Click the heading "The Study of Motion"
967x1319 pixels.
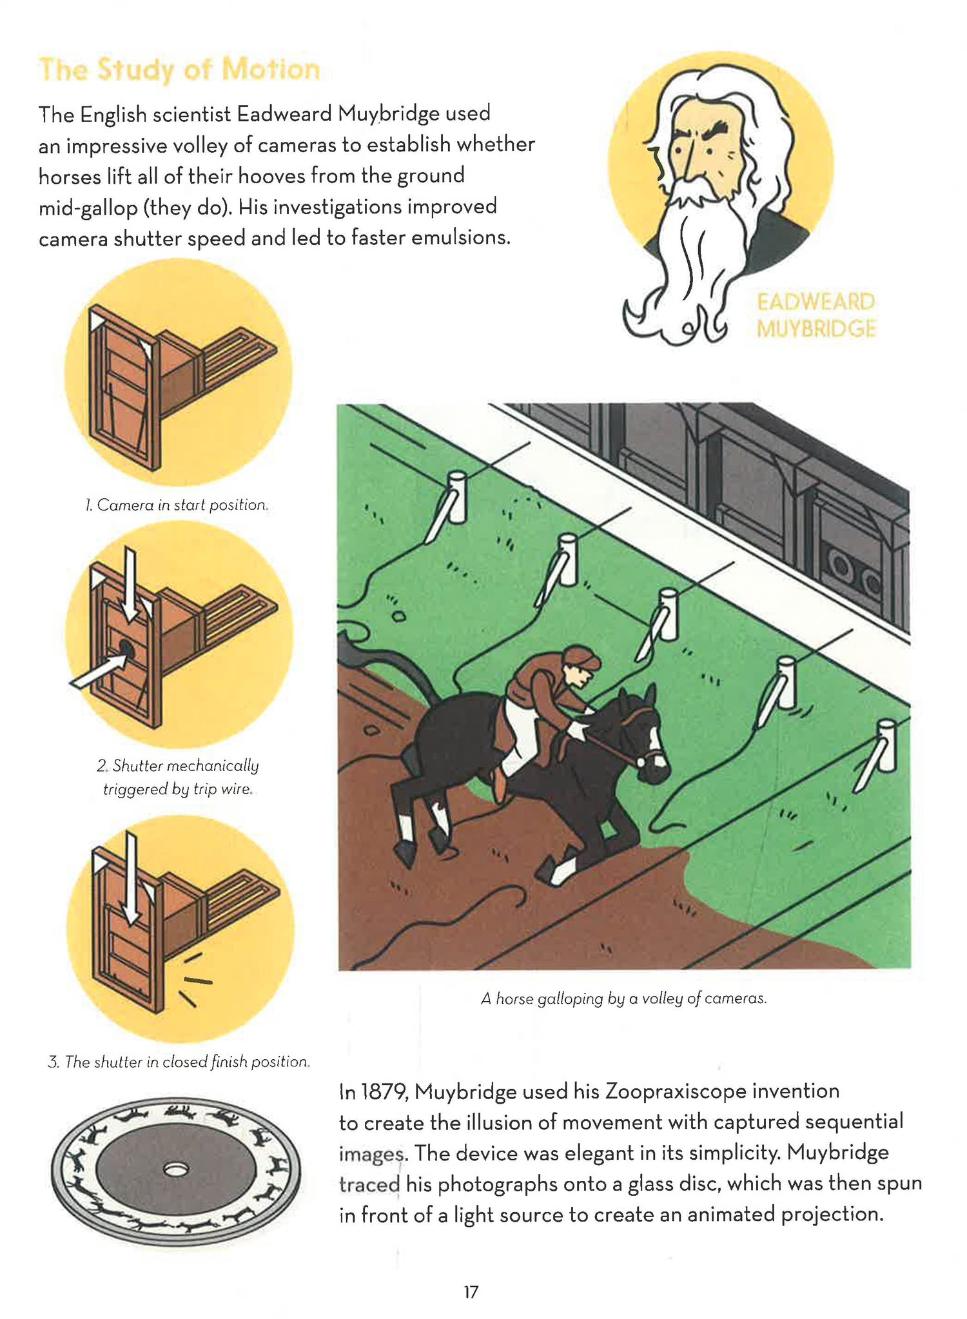pyautogui.click(x=179, y=70)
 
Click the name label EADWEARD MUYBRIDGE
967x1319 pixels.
pyautogui.click(x=816, y=315)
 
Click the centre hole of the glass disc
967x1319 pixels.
pyautogui.click(x=175, y=1168)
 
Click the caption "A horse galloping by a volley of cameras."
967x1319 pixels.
pyautogui.click(x=624, y=999)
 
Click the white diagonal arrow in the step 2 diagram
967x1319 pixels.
pyautogui.click(x=97, y=672)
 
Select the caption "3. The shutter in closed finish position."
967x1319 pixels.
pyautogui.click(x=179, y=1062)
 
